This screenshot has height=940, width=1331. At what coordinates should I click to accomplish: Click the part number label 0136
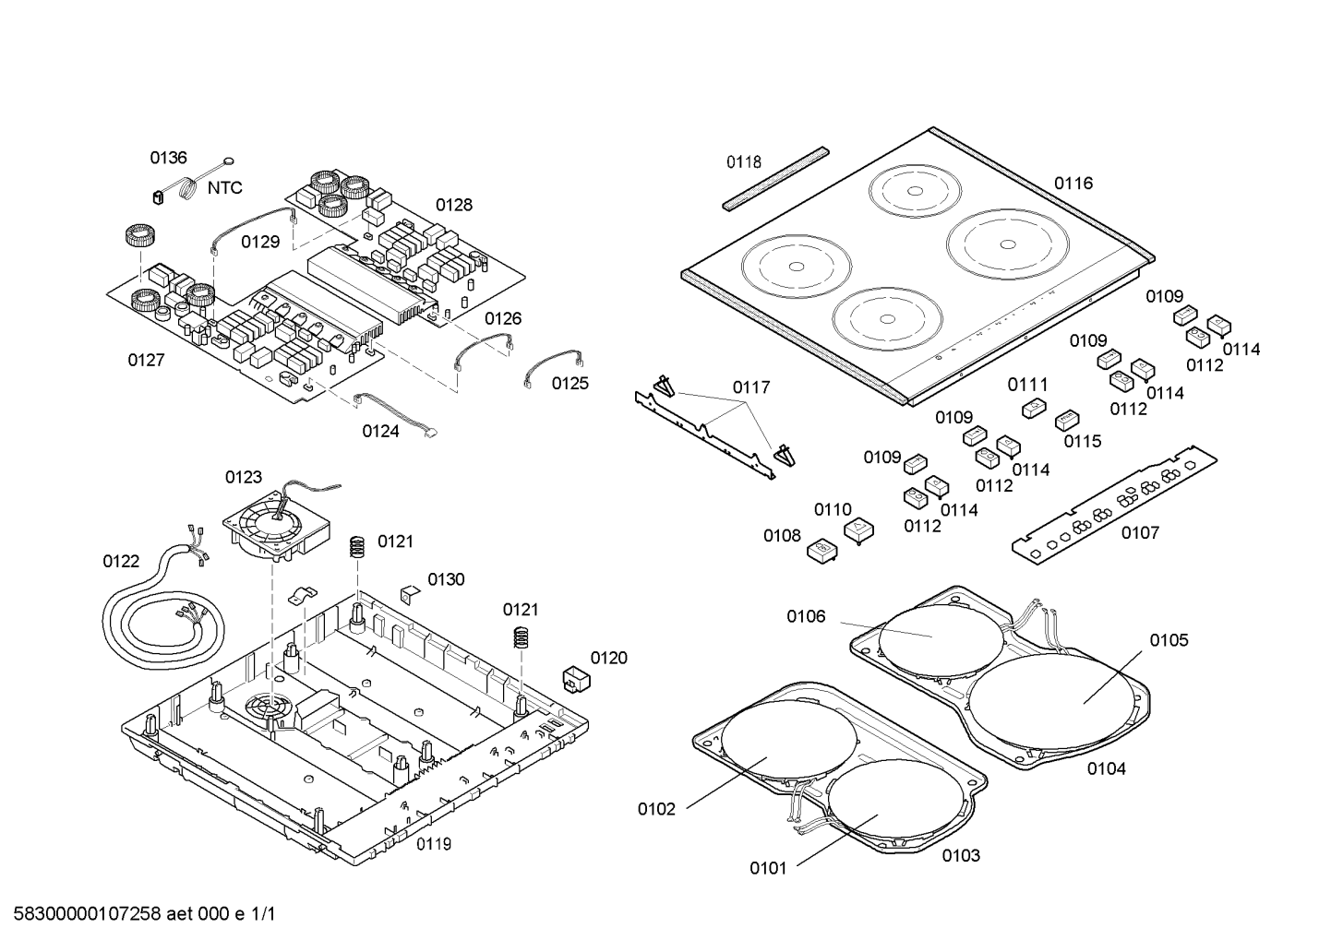tap(168, 158)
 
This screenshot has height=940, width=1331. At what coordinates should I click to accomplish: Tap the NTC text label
tap(224, 188)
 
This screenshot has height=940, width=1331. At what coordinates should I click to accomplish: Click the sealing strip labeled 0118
tap(774, 178)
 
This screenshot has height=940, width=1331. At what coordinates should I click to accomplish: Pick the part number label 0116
tap(1073, 184)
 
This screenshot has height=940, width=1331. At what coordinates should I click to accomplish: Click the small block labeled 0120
tap(575, 678)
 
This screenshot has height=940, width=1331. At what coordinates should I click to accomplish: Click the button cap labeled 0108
tap(821, 551)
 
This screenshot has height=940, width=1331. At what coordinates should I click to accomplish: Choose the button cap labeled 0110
tap(858, 530)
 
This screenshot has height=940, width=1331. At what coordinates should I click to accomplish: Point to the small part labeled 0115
tap(1067, 421)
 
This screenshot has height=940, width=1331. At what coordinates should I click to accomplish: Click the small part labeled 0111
tap(1034, 408)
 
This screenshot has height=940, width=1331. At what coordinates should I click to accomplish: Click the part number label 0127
tap(146, 360)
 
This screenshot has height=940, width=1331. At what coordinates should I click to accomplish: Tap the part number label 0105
tap(1169, 640)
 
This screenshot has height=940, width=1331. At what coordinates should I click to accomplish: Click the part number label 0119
tap(433, 844)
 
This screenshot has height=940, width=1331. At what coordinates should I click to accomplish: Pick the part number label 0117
tap(750, 387)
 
